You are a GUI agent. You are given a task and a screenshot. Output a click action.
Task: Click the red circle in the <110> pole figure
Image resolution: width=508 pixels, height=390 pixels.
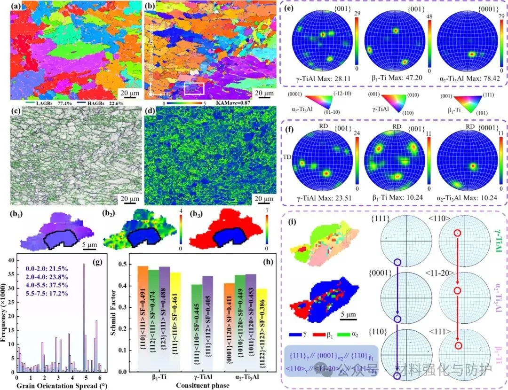coord(457,233)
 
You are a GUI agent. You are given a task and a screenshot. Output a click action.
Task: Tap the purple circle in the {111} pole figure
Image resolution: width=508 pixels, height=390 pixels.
coord(397,262)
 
